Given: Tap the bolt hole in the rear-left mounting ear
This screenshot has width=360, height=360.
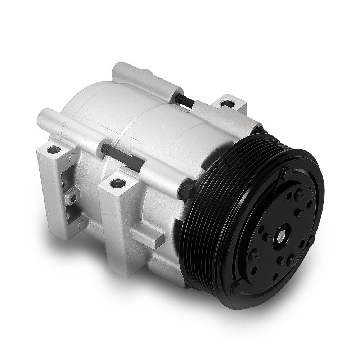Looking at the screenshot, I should [53, 149].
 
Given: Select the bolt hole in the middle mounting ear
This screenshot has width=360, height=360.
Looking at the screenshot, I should [117, 183].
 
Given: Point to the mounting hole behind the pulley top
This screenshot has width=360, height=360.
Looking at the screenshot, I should [228, 104].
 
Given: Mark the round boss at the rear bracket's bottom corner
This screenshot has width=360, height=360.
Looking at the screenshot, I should [81, 224].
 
